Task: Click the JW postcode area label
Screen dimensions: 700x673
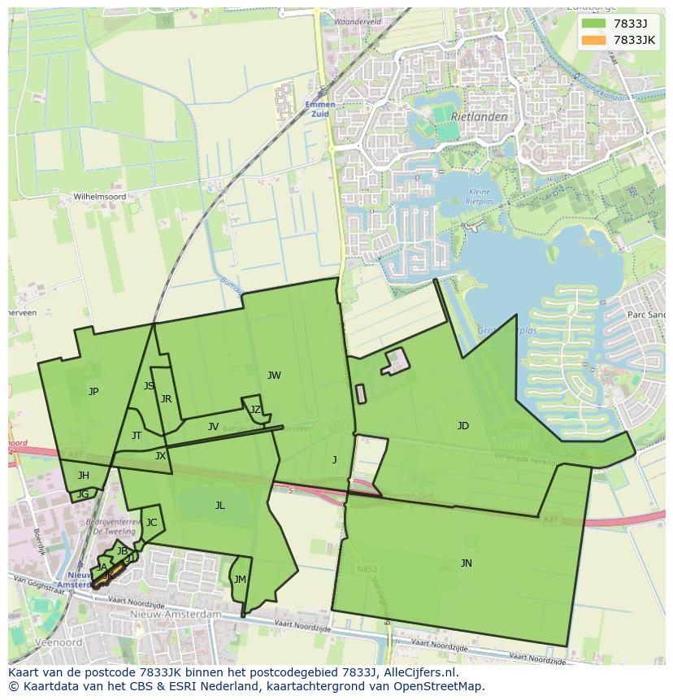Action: (274, 376)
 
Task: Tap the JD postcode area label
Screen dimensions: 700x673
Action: (463, 426)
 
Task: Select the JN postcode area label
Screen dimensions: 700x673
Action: (466, 563)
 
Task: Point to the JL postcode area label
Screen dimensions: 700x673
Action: (219, 506)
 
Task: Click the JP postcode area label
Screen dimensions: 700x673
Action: (93, 392)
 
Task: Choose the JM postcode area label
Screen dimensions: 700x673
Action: (239, 580)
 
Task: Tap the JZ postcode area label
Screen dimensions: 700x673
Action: (255, 410)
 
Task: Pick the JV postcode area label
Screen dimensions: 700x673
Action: (213, 427)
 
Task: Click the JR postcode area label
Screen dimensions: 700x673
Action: (166, 399)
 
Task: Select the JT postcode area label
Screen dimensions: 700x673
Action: (137, 436)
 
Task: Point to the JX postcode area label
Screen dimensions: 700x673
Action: (160, 456)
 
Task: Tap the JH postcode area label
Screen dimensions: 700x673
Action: (84, 476)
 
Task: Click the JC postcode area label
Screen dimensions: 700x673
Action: (151, 523)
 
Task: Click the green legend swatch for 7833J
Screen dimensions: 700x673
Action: (593, 24)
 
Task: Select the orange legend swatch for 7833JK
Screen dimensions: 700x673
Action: (593, 40)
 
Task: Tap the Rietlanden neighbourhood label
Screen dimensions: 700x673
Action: (480, 117)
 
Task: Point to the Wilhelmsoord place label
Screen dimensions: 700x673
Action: (100, 197)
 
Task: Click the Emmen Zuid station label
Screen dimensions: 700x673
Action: (319, 109)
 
